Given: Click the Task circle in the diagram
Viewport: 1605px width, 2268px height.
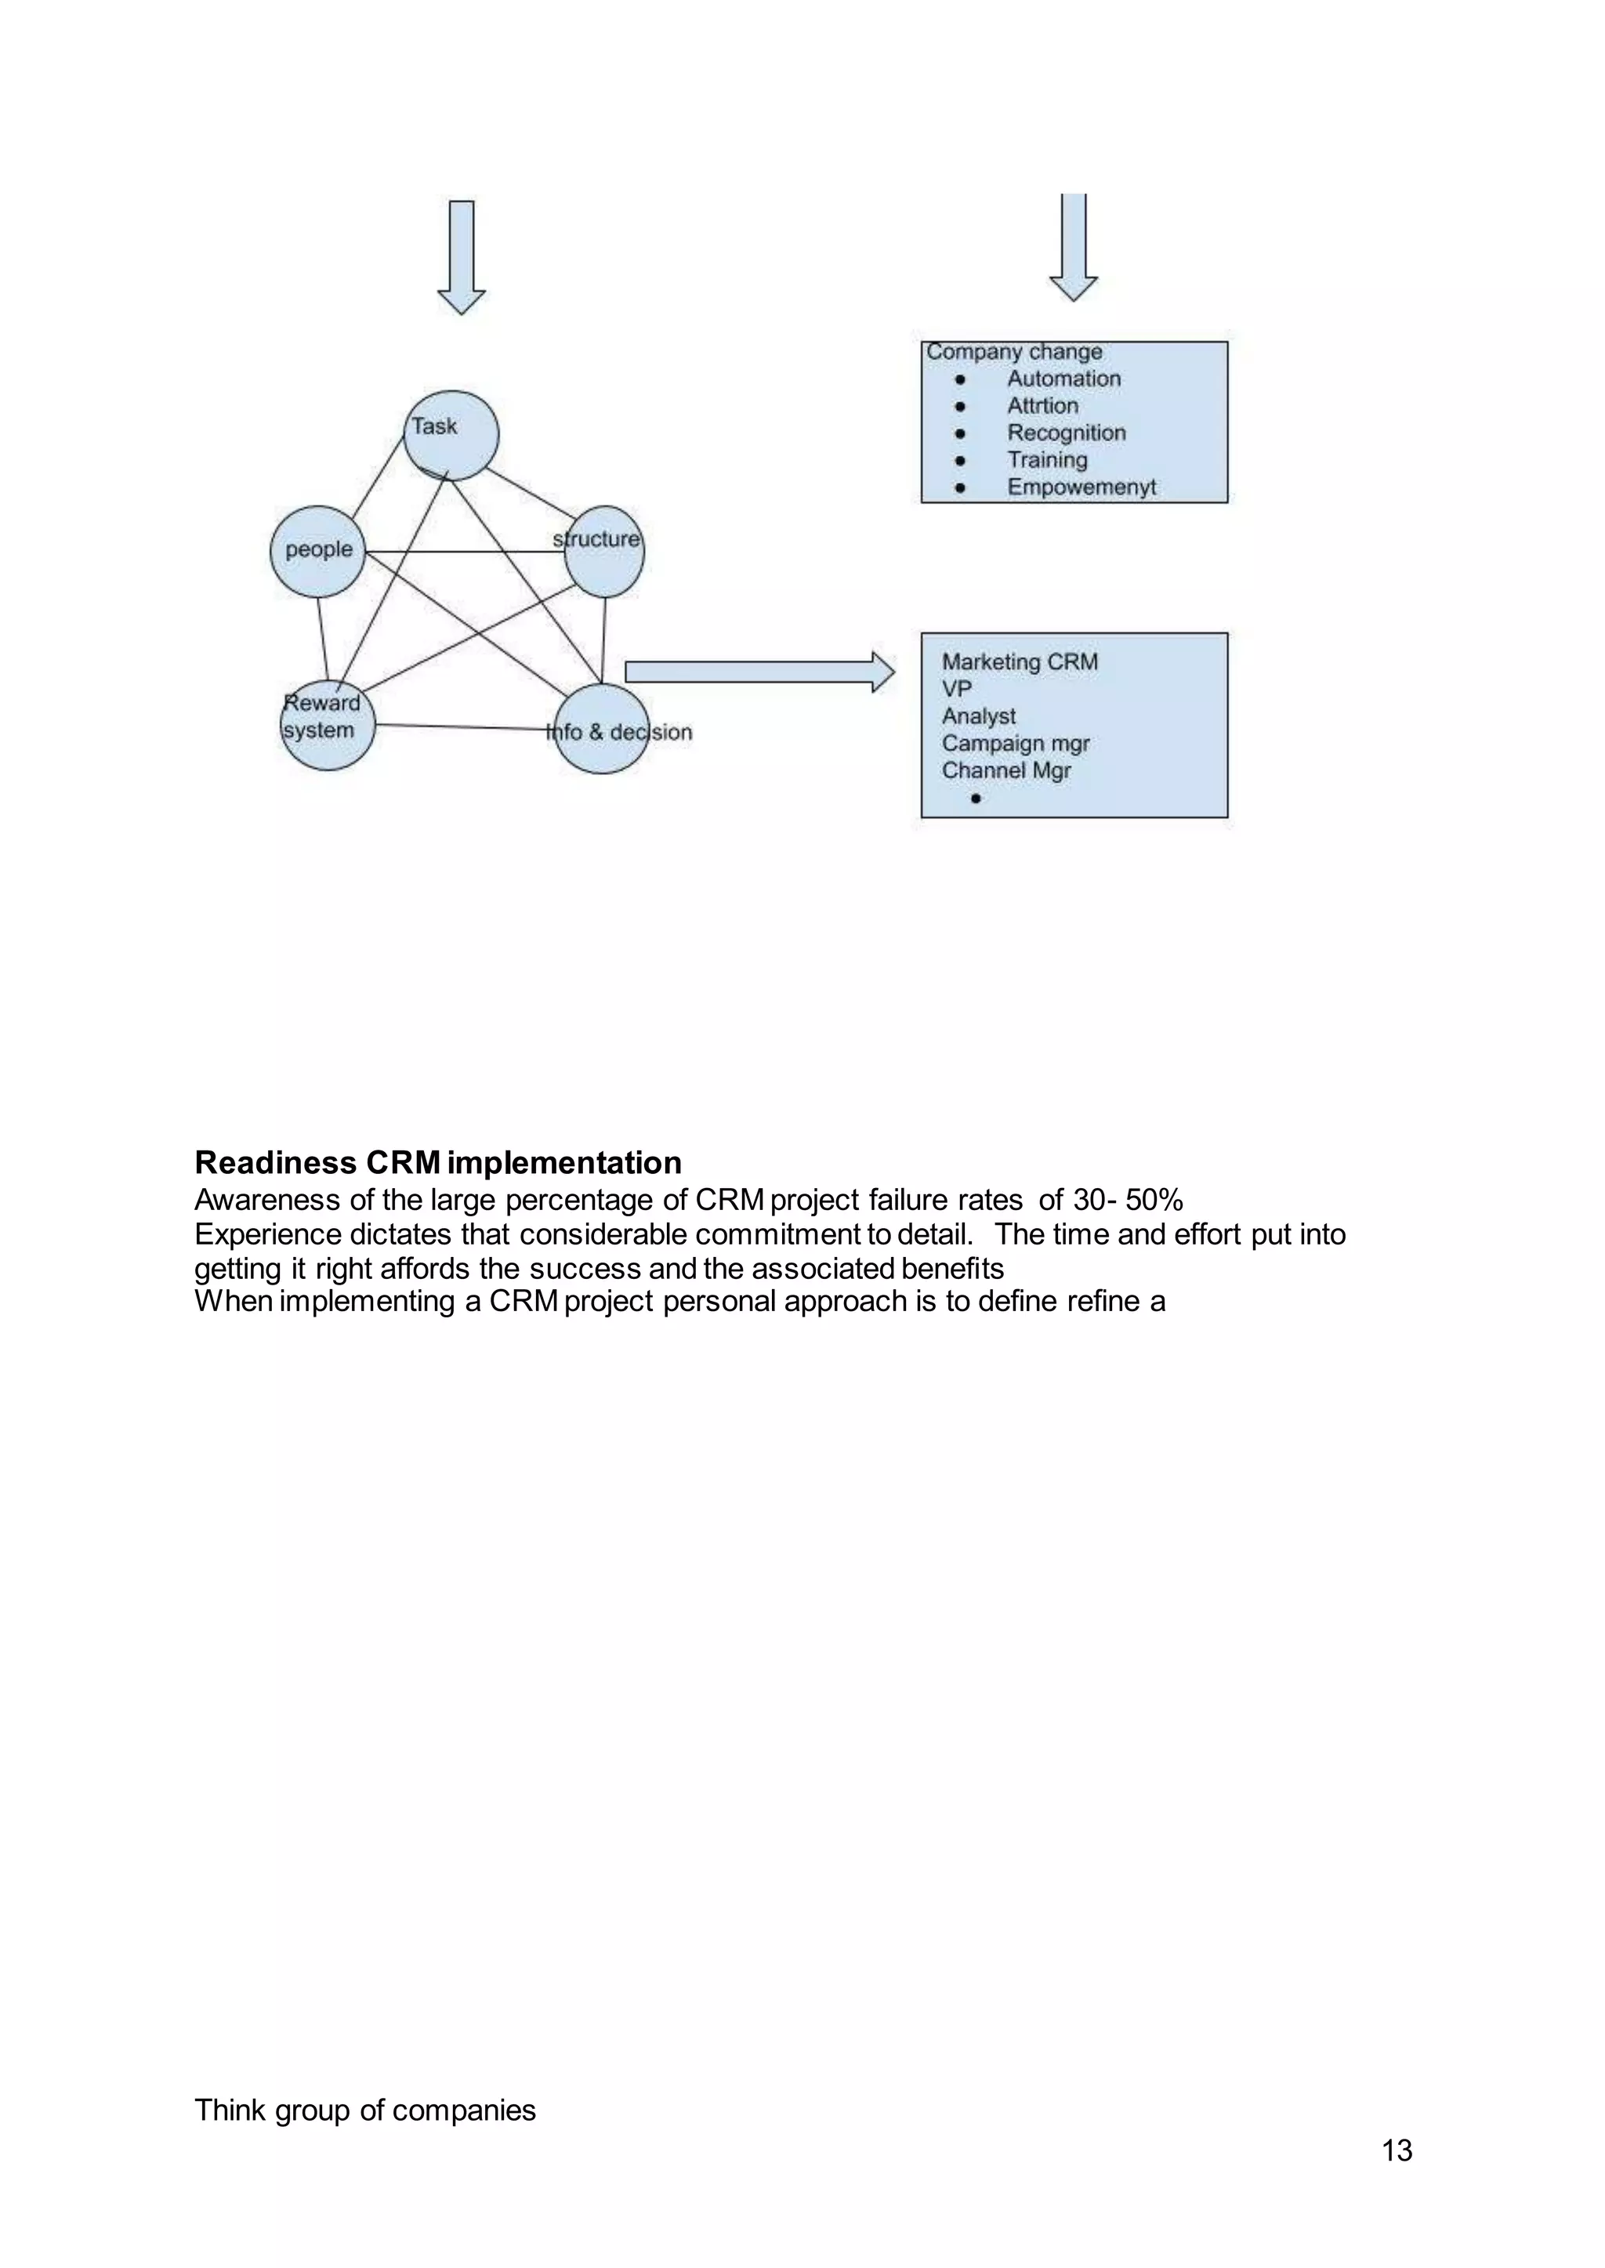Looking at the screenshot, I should tap(451, 436).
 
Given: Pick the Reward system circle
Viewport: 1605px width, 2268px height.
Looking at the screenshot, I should tap(327, 726).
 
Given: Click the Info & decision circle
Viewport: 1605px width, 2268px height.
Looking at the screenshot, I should tap(602, 730).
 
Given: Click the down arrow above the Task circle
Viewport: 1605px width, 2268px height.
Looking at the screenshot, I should tap(462, 257).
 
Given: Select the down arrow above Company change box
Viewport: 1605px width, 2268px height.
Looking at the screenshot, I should tap(1074, 247).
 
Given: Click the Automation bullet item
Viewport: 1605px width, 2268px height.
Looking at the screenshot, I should tap(1063, 379).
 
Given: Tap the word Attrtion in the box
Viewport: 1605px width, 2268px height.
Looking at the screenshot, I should tap(1042, 406).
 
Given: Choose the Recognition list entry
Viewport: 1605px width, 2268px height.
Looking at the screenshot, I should tap(1067, 433).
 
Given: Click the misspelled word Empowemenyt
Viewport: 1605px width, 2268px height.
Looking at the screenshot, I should tap(1081, 487).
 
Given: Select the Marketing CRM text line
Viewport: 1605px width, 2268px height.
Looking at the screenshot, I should tap(1019, 662).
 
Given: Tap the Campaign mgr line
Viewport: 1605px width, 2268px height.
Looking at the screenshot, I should tap(1015, 743).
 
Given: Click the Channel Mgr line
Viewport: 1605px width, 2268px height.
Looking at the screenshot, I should tap(1006, 771).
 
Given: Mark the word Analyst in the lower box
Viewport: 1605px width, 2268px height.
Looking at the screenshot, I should tap(978, 716).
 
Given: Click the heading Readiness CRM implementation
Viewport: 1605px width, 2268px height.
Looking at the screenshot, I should tap(438, 1162).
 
